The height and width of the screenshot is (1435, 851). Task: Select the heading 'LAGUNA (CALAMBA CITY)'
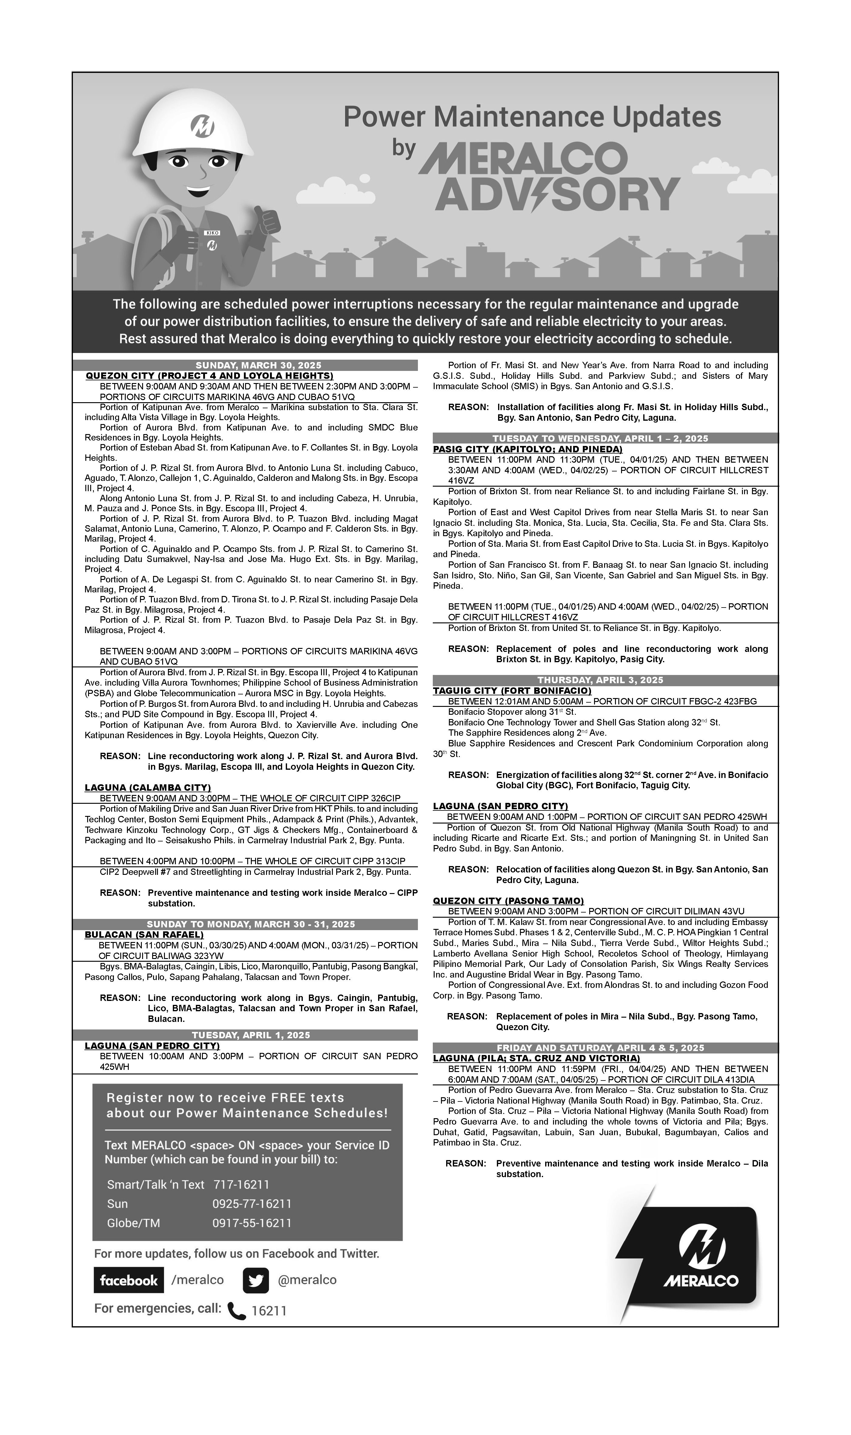[x=148, y=787]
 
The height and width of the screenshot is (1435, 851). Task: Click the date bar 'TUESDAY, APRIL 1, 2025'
[x=251, y=1035]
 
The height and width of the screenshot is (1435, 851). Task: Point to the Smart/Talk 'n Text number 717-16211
[x=241, y=1184]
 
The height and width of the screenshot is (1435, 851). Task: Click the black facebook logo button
[x=128, y=1279]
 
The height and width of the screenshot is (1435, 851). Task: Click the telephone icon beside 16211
[x=236, y=1310]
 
